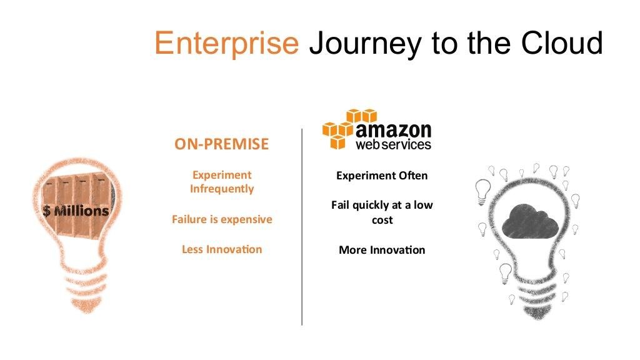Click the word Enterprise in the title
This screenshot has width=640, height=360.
[x=226, y=44]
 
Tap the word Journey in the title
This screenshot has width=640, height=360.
[x=365, y=44]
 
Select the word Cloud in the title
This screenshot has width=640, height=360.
[x=562, y=42]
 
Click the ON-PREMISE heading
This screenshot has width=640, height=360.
[x=222, y=144]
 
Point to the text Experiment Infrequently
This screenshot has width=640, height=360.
[x=222, y=182]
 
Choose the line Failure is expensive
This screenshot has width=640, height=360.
[x=222, y=219]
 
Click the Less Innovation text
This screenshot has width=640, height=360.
[x=222, y=249]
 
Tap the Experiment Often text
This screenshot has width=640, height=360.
[x=382, y=176]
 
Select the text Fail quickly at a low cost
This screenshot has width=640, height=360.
[x=382, y=212]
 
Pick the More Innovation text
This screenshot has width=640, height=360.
[x=382, y=250]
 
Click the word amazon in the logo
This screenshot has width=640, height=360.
[x=394, y=130]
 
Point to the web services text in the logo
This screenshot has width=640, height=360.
[x=394, y=144]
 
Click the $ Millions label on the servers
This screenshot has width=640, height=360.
[x=76, y=211]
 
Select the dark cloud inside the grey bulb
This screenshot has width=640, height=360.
[x=530, y=222]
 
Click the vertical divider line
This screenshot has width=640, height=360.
[x=302, y=227]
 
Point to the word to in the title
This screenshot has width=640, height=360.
[x=445, y=43]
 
